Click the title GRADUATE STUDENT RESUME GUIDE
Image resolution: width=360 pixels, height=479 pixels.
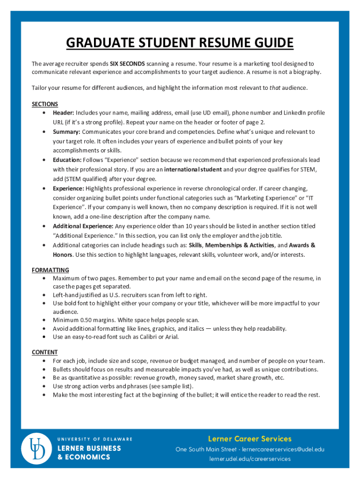(x=180, y=44)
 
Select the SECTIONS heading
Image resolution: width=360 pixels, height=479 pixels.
(x=45, y=104)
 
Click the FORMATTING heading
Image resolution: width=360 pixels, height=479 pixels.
(x=50, y=270)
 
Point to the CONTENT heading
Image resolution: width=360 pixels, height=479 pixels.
(x=45, y=352)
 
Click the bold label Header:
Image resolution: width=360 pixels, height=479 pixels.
(x=64, y=113)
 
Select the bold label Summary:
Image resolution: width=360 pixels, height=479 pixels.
(x=66, y=132)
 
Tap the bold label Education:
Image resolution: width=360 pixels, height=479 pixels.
(x=67, y=160)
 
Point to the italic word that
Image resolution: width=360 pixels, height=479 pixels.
(x=275, y=87)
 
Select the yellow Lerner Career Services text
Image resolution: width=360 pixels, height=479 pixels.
(x=250, y=439)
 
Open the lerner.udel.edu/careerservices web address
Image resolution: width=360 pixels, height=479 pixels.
(x=250, y=459)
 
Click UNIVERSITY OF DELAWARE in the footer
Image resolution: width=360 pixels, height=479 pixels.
(x=94, y=439)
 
